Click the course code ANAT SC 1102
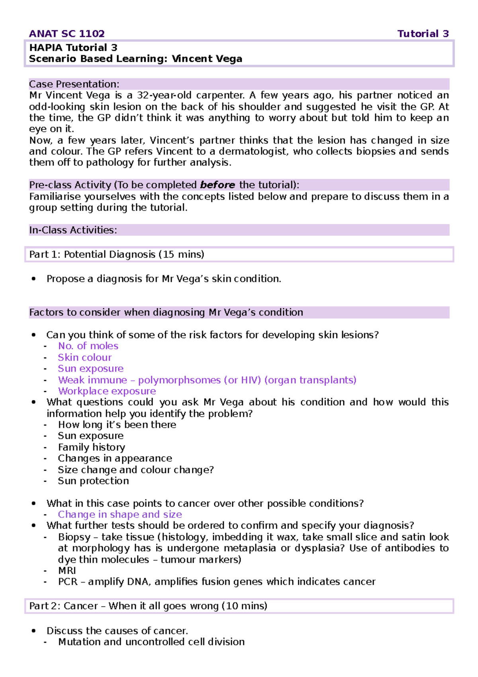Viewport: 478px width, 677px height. [x=67, y=34]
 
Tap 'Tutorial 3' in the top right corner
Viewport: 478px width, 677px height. [x=423, y=34]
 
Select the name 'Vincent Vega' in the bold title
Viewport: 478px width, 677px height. [x=207, y=59]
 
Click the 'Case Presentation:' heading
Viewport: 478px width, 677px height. [x=74, y=84]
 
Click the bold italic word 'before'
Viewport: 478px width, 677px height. [x=217, y=185]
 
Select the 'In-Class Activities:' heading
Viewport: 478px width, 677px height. [x=73, y=230]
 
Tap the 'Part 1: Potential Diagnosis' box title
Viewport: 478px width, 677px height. [x=116, y=254]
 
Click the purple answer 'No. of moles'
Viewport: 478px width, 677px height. [x=88, y=346]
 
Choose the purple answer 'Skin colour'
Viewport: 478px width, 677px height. [x=85, y=358]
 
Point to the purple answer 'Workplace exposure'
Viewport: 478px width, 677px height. [x=107, y=391]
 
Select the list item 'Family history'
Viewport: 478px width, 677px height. [x=92, y=447]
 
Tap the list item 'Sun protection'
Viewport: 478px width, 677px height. [x=93, y=481]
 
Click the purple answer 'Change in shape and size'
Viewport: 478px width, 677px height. [x=120, y=514]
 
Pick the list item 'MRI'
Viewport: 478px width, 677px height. [x=67, y=571]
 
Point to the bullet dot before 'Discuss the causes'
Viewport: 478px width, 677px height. [x=34, y=631]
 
